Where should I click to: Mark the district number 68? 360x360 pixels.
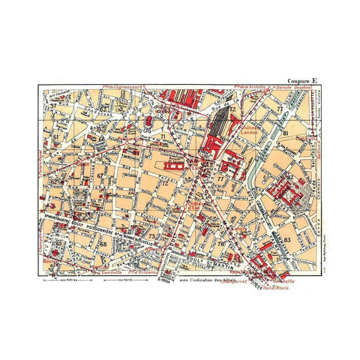[103, 244]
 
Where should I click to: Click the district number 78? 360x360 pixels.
[221, 245]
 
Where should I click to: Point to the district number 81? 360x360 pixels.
[286, 133]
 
